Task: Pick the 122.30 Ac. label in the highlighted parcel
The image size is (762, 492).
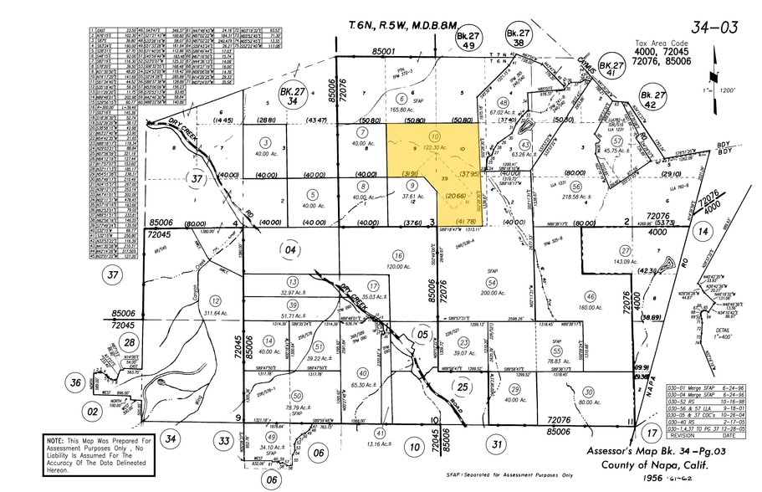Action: (x=435, y=147)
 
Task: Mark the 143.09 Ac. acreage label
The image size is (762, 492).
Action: (x=624, y=262)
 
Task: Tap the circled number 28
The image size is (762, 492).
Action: (x=128, y=343)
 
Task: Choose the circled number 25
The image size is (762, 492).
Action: (x=462, y=386)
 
